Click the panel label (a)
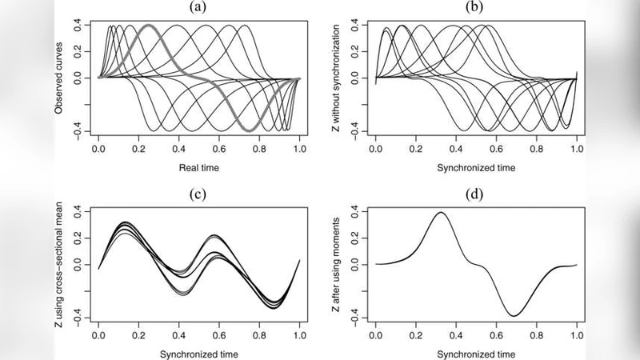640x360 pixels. (198, 6)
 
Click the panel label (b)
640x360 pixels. (476, 6)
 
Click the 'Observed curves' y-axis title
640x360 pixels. (60, 78)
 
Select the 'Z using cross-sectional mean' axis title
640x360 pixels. (60, 264)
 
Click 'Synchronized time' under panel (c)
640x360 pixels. (198, 353)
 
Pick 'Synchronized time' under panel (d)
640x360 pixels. (476, 353)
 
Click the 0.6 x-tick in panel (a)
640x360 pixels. (219, 149)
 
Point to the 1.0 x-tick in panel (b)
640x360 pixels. (576, 149)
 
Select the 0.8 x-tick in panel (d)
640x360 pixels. (536, 334)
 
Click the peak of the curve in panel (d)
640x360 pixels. (441, 212)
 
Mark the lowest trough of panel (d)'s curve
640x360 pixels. (512, 315)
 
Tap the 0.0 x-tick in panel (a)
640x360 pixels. (98, 149)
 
